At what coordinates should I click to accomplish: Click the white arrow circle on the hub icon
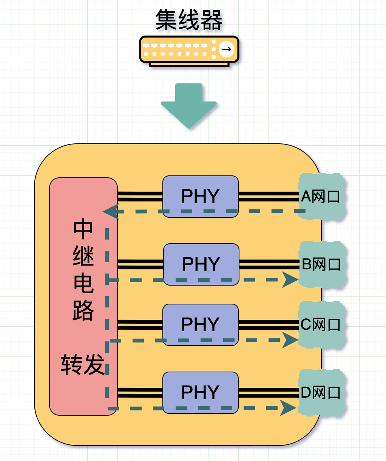[226, 49]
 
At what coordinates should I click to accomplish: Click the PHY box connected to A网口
[200, 196]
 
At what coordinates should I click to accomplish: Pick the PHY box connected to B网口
[201, 264]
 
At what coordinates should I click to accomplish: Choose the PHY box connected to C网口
[200, 324]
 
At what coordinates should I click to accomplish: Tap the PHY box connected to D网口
[200, 392]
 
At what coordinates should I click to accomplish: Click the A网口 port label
[321, 197]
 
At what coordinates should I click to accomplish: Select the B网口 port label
[321, 264]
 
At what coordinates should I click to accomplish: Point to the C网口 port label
[321, 324]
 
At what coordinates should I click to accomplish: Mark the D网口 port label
[321, 393]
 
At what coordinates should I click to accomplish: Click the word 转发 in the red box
[83, 365]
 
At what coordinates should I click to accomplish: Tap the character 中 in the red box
[83, 229]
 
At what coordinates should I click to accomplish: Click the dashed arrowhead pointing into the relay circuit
[110, 212]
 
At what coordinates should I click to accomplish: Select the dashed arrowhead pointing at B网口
[290, 280]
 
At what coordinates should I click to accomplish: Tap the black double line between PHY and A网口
[268, 196]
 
